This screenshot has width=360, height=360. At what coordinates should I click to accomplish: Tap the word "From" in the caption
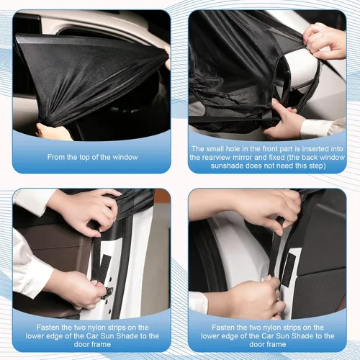pos(60,156)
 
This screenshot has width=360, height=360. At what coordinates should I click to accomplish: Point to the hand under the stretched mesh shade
pos(54,132)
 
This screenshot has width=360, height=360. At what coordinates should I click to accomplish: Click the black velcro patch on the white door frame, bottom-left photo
pos(101,266)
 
